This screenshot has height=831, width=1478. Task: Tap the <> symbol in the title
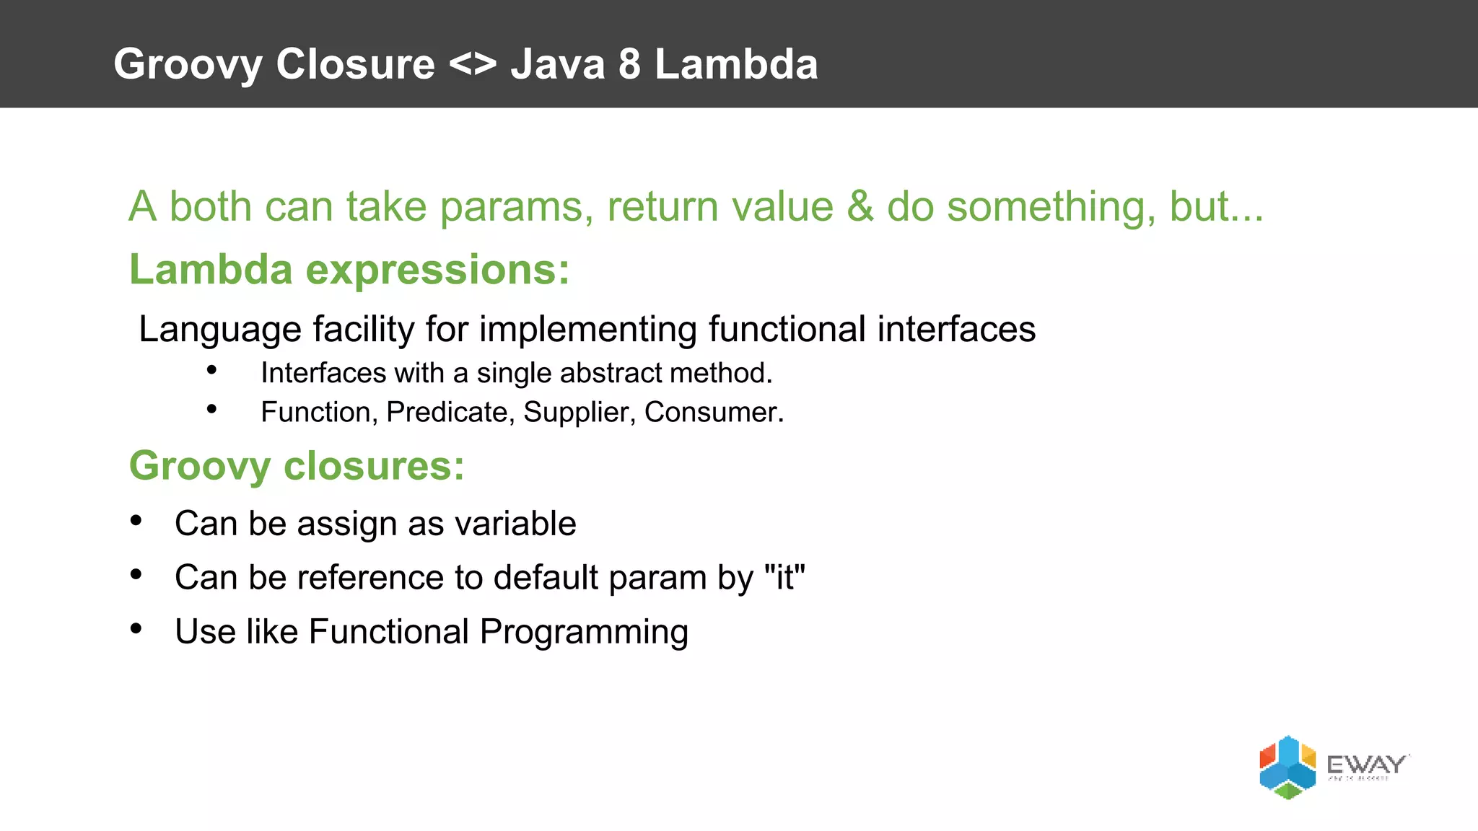473,65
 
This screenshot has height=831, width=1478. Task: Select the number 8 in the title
629,65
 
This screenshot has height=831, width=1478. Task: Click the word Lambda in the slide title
736,65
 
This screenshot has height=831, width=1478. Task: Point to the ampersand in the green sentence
860,207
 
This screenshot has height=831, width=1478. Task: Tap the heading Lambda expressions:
349,270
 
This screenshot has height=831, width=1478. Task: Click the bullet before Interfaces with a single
211,371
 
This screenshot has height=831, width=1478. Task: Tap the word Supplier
579,413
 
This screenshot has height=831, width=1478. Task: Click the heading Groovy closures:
297,466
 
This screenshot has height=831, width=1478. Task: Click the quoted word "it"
784,577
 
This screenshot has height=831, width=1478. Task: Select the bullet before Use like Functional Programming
136,629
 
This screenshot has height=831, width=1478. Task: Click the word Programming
584,633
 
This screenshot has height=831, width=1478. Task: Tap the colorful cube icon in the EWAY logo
1287,768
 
